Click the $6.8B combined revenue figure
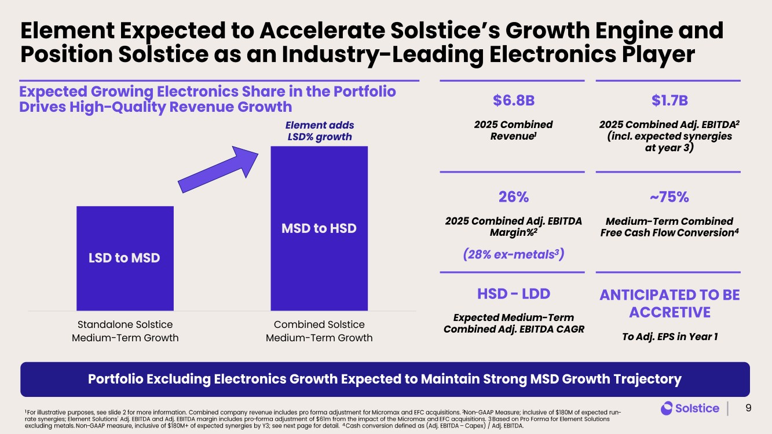coord(514,100)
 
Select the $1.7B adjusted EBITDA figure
coord(669,100)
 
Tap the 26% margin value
coord(514,197)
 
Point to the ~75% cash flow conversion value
coord(669,197)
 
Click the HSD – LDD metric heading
coord(514,294)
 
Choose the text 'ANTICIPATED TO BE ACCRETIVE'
coord(669,304)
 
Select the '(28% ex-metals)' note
coord(514,254)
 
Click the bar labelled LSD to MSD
coord(125,258)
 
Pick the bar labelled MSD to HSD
coord(319,228)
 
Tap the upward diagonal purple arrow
coord(218,169)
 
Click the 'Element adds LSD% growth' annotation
coord(320,131)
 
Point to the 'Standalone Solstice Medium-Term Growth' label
coord(125,331)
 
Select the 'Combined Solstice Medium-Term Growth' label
coord(319,331)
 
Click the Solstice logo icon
coord(666,408)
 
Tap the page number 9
coord(748,408)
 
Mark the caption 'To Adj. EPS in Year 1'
coord(669,337)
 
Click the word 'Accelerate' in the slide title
coord(322,30)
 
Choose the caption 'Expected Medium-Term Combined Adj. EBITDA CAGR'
coord(514,323)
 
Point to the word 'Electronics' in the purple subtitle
coord(197,92)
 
